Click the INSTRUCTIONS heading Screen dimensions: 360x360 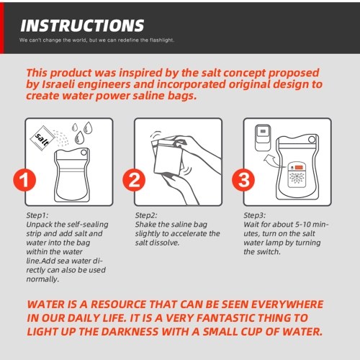pyautogui.click(x=82, y=26)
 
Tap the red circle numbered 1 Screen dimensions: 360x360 pyautogui.click(x=24, y=180)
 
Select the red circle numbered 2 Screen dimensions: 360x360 pyautogui.click(x=134, y=180)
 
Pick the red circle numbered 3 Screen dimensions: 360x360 pyautogui.click(x=243, y=180)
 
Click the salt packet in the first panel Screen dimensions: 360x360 pyautogui.click(x=42, y=138)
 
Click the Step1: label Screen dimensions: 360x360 pyautogui.click(x=37, y=215)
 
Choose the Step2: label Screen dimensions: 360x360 pyautogui.click(x=146, y=215)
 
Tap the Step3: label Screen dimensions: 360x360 pyautogui.click(x=255, y=215)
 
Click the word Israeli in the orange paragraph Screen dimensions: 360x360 pyautogui.click(x=58, y=84)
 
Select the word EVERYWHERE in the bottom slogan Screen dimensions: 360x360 pyautogui.click(x=287, y=305)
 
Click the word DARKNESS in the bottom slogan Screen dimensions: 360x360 pyautogui.click(x=130, y=332)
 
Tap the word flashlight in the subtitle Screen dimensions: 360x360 pyautogui.click(x=162, y=40)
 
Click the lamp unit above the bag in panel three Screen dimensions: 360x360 pyautogui.click(x=263, y=138)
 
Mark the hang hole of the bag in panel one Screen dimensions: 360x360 pyautogui.click(x=84, y=153)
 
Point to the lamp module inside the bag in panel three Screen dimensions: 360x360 pyautogui.click(x=297, y=174)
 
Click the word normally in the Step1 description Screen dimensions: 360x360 pyautogui.click(x=42, y=279)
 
